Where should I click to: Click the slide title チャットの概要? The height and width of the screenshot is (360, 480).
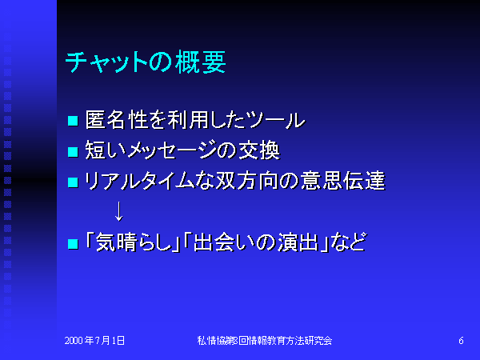click(x=146, y=62)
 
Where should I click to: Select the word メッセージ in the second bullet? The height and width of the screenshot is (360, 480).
click(x=171, y=150)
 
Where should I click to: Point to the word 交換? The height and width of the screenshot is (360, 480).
click(x=259, y=150)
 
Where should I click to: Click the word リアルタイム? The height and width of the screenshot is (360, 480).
click(x=139, y=180)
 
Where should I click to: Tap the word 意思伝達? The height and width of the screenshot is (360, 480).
click(x=343, y=180)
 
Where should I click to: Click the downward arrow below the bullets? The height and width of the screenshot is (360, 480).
click(x=118, y=211)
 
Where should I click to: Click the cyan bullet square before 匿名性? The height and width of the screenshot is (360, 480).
click(x=73, y=121)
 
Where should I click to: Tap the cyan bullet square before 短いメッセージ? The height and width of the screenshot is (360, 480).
click(x=73, y=151)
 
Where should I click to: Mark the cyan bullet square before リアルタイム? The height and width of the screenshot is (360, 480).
click(x=73, y=182)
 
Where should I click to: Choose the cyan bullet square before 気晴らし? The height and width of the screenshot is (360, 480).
click(x=73, y=244)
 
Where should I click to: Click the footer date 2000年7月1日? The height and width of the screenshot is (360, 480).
click(x=94, y=341)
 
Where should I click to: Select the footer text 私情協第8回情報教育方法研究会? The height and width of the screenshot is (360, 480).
click(x=265, y=341)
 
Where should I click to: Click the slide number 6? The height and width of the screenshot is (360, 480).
click(x=461, y=341)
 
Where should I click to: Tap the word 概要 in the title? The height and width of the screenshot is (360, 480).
click(x=201, y=62)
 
